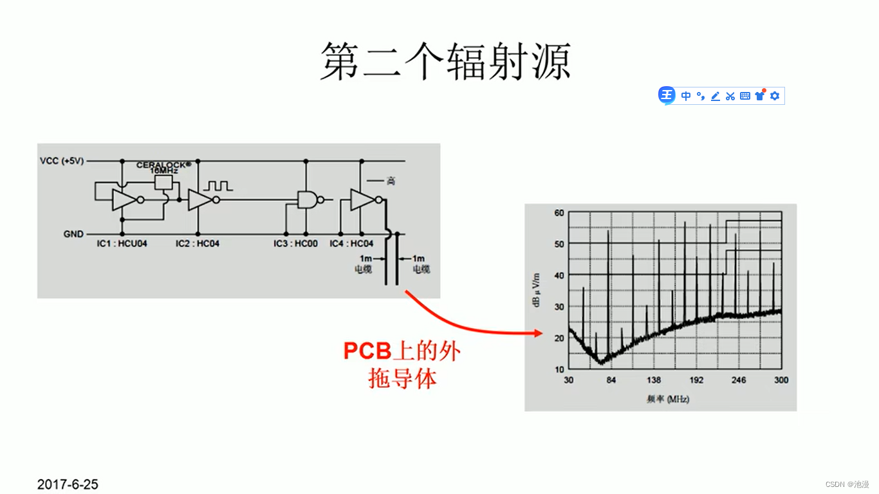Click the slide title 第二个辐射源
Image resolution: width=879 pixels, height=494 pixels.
pos(445,62)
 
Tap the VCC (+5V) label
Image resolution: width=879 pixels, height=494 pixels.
pos(62,161)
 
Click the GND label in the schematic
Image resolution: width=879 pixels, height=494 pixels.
pos(73,234)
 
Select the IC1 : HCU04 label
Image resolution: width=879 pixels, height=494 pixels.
pos(122,244)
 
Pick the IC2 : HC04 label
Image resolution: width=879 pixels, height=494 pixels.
pos(198,244)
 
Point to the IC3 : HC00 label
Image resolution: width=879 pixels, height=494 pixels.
pos(295,244)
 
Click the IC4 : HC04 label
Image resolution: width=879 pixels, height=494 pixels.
pos(351,244)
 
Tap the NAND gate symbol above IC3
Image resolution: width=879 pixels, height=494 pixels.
pos(307,199)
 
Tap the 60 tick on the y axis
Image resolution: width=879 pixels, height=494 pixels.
pos(559,213)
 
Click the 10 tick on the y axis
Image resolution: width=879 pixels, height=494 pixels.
pos(559,369)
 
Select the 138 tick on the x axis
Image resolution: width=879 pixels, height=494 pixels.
pos(653,380)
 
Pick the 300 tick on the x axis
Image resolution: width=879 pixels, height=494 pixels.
pos(781,380)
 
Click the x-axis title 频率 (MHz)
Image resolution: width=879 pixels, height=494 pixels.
pos(667,399)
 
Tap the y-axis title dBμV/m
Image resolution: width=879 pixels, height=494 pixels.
pos(537,289)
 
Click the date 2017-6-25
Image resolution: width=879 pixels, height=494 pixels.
pos(68,484)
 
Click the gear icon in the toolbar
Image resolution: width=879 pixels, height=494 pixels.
pos(775,96)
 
